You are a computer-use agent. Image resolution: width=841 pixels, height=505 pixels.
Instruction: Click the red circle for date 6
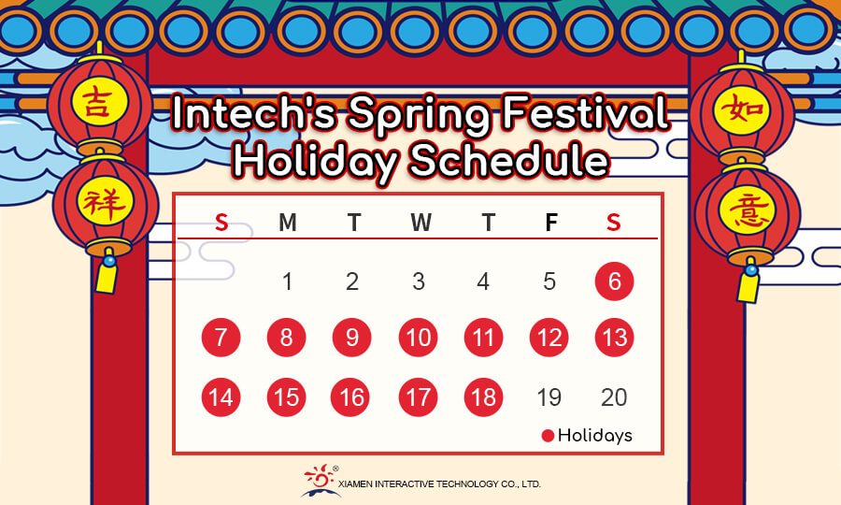(x=614, y=281)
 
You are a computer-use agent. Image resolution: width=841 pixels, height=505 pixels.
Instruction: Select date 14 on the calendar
(x=221, y=397)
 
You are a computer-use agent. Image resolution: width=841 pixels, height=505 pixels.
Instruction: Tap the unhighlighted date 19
(x=549, y=397)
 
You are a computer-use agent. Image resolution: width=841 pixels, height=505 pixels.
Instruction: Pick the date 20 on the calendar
(x=614, y=397)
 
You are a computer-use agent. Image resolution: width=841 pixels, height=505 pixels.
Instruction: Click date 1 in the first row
(x=288, y=281)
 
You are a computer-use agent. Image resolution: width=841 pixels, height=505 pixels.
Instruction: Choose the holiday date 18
(x=483, y=397)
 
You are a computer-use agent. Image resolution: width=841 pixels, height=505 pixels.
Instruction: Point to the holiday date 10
(x=419, y=338)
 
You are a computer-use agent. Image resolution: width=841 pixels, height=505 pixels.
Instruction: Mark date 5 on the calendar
(x=549, y=281)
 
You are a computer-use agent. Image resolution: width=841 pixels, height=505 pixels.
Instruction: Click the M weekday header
(x=288, y=223)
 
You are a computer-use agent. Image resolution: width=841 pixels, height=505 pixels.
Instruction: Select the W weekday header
(x=421, y=223)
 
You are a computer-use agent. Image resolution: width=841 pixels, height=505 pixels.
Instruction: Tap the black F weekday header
(x=550, y=223)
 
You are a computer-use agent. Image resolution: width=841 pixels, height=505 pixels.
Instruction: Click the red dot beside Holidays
(x=548, y=436)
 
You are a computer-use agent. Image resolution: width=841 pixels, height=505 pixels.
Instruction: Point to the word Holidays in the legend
(x=595, y=435)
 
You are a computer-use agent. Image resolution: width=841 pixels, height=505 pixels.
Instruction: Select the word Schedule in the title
(x=509, y=159)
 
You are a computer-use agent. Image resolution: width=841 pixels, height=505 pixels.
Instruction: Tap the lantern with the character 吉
(x=100, y=103)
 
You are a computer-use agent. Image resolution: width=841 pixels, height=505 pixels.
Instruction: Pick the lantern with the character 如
(x=742, y=109)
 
